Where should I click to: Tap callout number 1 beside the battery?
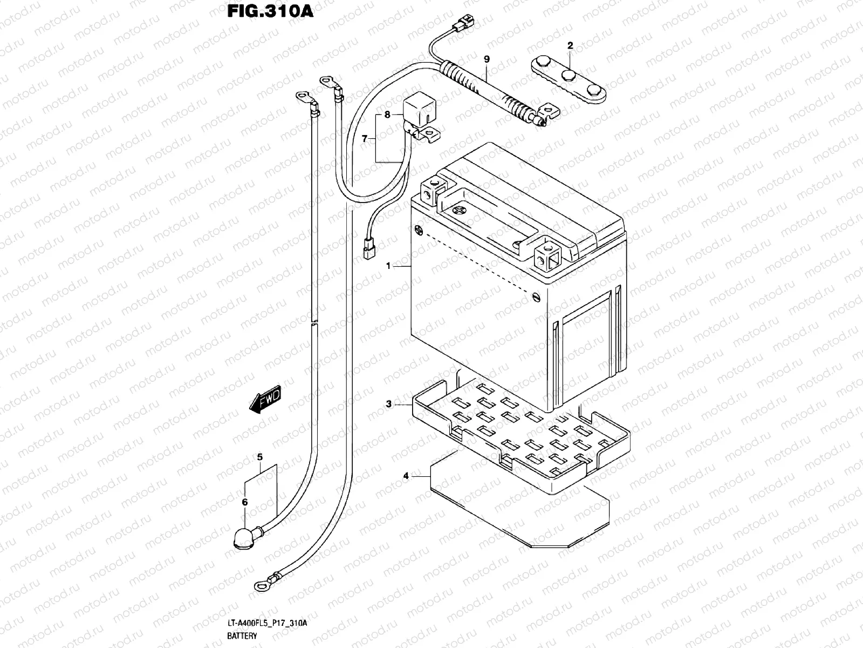(388, 266)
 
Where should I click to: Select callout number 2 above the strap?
(570, 46)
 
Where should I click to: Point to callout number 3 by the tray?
(388, 404)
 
